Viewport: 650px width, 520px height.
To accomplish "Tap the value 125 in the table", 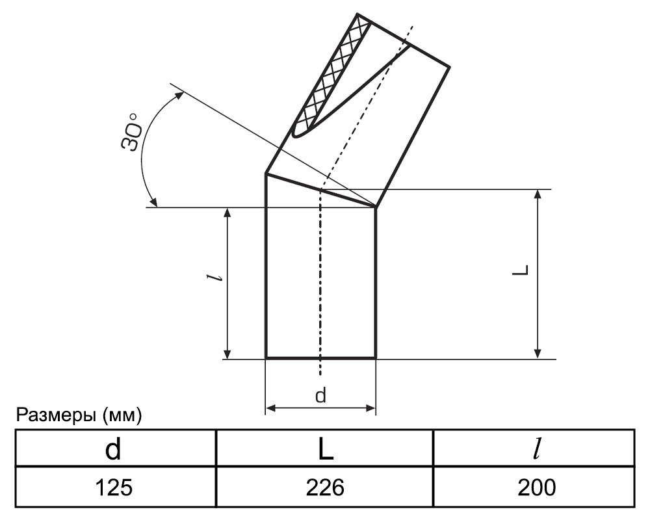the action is pyautogui.click(x=114, y=487).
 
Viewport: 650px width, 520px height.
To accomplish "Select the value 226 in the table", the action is pyautogui.click(x=325, y=487).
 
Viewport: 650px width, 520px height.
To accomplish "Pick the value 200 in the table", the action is pyautogui.click(x=536, y=487).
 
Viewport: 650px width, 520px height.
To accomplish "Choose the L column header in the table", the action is pyautogui.click(x=326, y=449).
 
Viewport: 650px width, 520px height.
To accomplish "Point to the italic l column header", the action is pyautogui.click(x=538, y=448).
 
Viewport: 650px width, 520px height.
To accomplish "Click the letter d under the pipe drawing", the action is pyautogui.click(x=320, y=395).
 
